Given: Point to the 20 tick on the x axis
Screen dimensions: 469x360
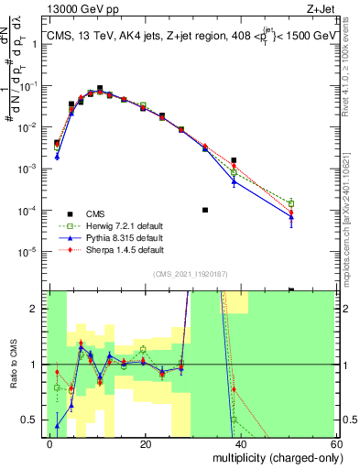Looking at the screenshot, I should (145, 442).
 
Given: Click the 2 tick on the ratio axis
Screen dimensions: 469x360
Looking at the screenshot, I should (40, 309).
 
